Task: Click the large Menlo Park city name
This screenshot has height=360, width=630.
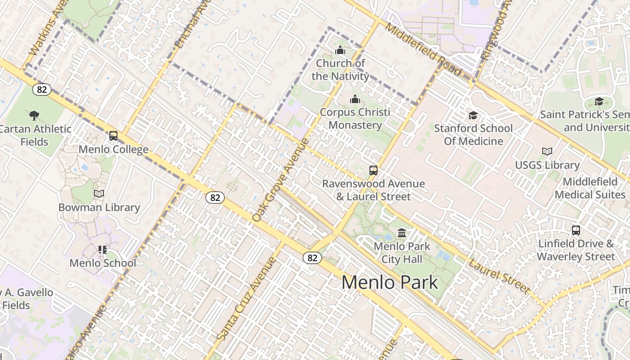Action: click(x=389, y=283)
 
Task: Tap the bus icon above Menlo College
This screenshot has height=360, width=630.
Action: click(x=113, y=135)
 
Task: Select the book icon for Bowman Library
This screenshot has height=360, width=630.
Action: click(x=99, y=193)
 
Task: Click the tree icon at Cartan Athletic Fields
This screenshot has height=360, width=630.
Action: click(x=34, y=115)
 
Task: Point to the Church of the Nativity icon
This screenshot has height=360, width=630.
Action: click(x=340, y=49)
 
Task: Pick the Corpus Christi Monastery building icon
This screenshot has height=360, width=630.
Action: click(x=355, y=99)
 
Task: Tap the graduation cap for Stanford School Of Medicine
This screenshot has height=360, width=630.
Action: click(x=472, y=115)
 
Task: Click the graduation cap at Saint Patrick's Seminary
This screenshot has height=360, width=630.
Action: click(x=598, y=101)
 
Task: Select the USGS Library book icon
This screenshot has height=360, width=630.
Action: click(x=547, y=151)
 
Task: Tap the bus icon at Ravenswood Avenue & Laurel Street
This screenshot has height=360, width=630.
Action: click(x=373, y=170)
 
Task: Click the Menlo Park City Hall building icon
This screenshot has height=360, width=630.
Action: click(x=402, y=233)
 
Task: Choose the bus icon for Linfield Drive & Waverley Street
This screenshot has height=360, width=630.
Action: click(x=576, y=230)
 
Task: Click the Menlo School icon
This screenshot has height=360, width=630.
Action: click(x=103, y=249)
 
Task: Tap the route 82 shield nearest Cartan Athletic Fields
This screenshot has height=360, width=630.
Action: click(x=42, y=90)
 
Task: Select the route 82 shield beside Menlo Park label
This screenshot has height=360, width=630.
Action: click(x=312, y=258)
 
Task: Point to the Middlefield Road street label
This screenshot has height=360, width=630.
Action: click(x=423, y=49)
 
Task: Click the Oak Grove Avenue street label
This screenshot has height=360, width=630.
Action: click(x=281, y=180)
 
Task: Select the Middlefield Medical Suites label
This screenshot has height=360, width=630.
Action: click(x=589, y=188)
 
